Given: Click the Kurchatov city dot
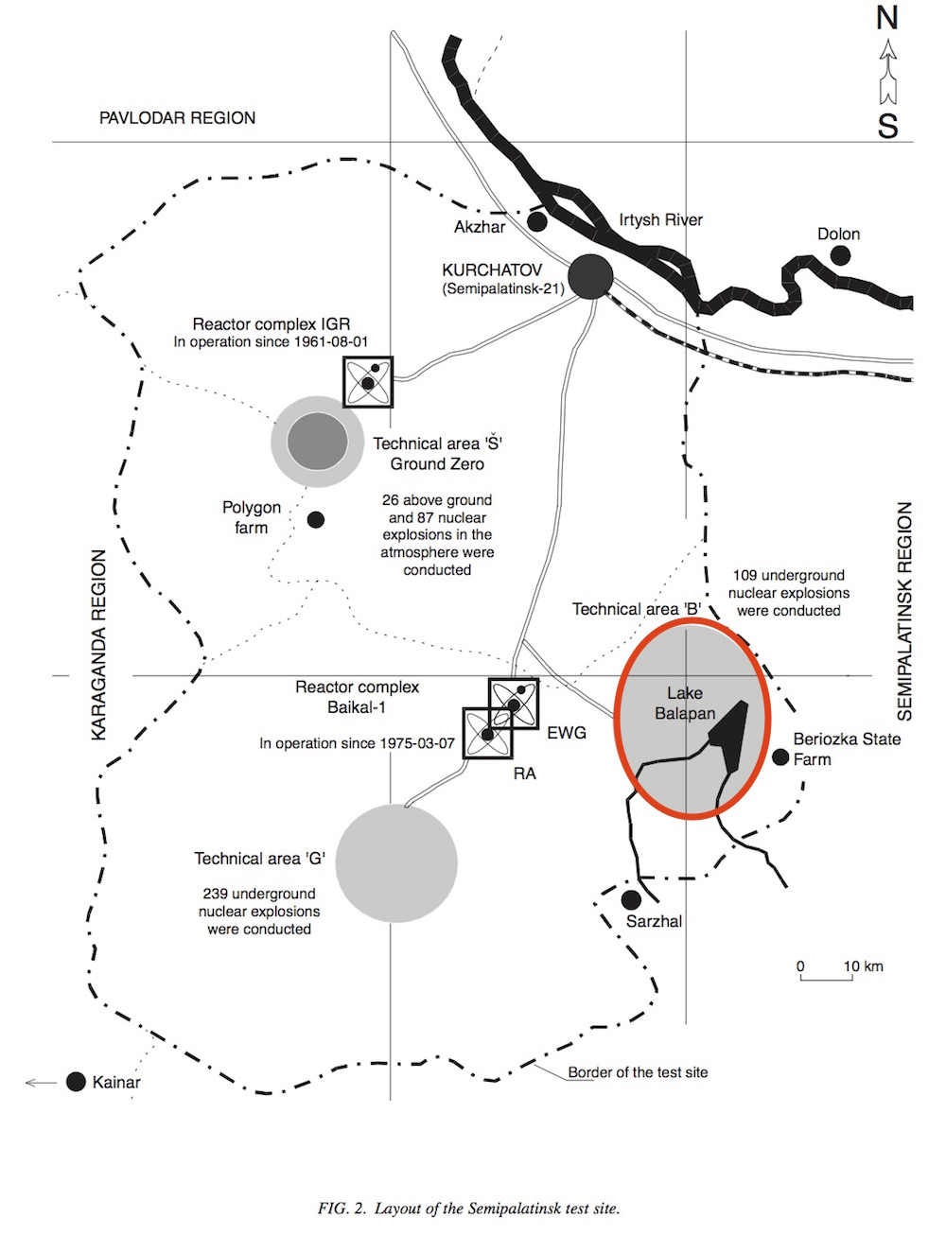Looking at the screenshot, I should (590, 277).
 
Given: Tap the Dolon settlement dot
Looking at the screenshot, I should (839, 255).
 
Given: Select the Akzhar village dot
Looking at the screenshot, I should (537, 221).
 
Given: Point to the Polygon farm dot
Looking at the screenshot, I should (316, 519).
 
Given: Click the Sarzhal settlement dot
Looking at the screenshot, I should (631, 899).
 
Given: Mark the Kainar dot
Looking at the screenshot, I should (77, 1082).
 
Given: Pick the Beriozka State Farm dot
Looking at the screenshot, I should (780, 757).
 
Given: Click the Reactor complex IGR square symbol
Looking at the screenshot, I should (368, 381).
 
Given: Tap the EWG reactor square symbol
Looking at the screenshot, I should (514, 704).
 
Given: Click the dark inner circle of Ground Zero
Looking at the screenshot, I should (317, 441).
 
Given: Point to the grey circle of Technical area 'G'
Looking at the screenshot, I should (396, 862).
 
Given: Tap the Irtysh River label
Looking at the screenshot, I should (660, 220).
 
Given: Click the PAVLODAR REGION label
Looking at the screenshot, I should (177, 118).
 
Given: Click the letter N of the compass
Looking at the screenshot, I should (886, 18).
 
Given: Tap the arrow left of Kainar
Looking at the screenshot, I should (41, 1082).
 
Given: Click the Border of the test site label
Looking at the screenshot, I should (638, 1072).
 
